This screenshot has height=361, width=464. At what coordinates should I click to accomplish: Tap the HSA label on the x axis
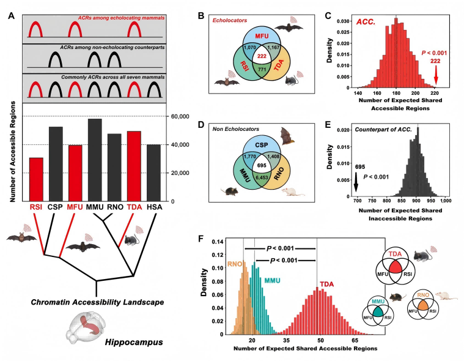point(153,208)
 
